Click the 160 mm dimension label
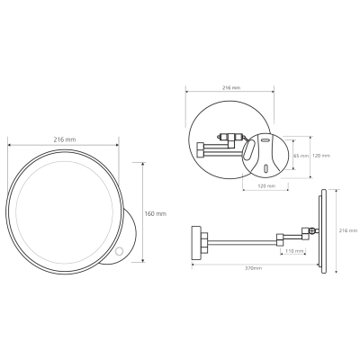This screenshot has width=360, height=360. [x=155, y=214]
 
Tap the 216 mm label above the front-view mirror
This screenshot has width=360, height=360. [x=65, y=139]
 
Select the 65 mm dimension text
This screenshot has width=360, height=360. [x=301, y=156]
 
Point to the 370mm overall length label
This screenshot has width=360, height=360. [x=254, y=268]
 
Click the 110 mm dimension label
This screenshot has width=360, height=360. [x=293, y=251]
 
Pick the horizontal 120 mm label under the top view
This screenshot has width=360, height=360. [x=266, y=186]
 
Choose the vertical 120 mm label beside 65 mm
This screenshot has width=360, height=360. [x=321, y=156]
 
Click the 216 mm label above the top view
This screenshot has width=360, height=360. [x=231, y=88]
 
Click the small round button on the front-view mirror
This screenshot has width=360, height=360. [x=121, y=250]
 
